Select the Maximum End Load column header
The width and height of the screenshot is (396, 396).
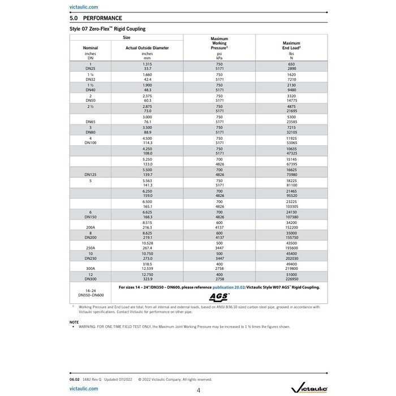pos(291,45)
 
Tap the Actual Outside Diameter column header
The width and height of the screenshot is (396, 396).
pos(147,48)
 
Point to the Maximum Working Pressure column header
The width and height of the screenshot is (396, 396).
pos(219,44)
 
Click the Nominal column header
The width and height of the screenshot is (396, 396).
pos(91,48)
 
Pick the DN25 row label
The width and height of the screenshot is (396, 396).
pos(91,68)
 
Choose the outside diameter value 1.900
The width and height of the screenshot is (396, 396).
pos(147,85)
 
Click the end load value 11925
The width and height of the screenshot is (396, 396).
pos(291,138)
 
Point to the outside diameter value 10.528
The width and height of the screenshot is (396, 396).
pos(147,243)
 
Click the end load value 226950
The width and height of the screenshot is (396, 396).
pos(291,279)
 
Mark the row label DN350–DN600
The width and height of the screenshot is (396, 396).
pos(91,295)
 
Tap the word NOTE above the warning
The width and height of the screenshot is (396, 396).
pos(74,322)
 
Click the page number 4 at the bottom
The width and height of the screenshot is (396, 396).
pos(198,390)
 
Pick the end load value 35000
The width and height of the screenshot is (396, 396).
pos(291,233)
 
